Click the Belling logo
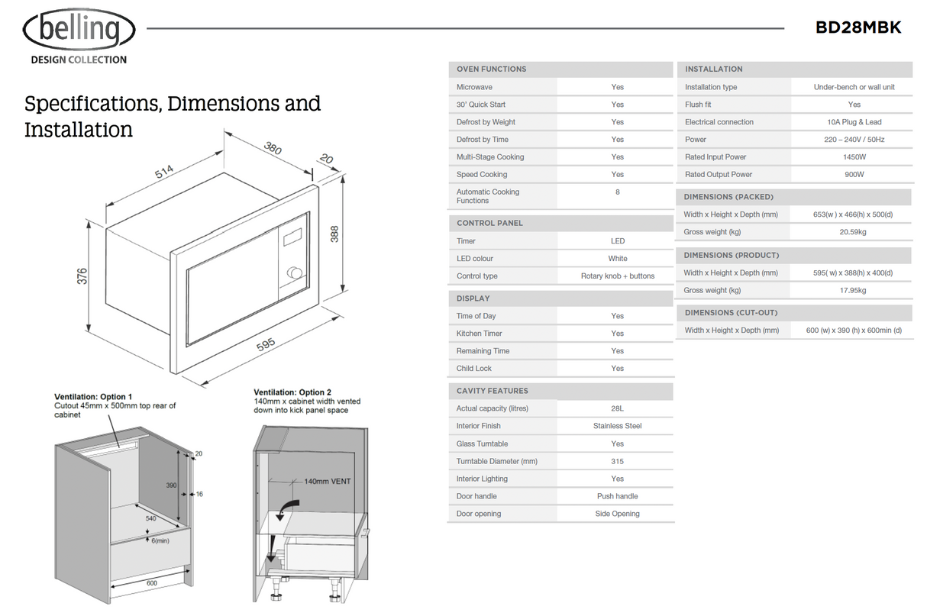79,31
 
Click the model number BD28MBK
858,28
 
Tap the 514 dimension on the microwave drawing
164,173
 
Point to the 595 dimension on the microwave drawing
266,345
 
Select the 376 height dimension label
82,276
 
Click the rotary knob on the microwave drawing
292,273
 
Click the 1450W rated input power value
854,157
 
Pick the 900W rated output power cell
854,175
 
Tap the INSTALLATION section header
713,69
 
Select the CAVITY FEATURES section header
492,391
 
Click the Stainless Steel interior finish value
617,426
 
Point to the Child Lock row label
474,369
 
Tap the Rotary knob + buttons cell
617,276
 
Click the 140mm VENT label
328,482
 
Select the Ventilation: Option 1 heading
93,397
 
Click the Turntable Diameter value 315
617,462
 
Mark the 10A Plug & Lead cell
854,122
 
